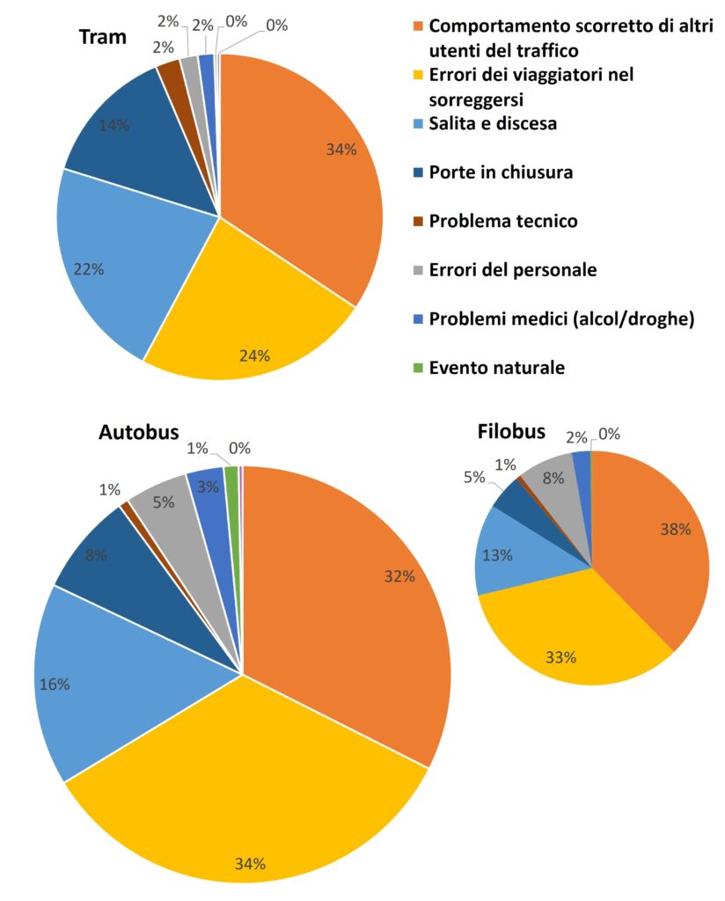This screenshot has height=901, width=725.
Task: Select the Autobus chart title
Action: (139, 432)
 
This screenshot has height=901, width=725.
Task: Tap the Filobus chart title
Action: (511, 432)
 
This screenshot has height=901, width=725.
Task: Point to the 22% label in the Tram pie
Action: (88, 269)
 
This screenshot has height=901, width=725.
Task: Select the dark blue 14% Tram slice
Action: (132, 150)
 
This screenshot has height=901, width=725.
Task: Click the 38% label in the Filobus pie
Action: (676, 530)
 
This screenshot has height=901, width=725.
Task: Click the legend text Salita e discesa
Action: (493, 124)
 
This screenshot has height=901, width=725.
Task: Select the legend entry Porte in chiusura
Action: (501, 172)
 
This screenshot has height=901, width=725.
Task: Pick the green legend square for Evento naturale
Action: (419, 369)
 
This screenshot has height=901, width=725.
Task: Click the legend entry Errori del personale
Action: (513, 270)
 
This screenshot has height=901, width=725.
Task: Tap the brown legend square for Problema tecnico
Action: (419, 222)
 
